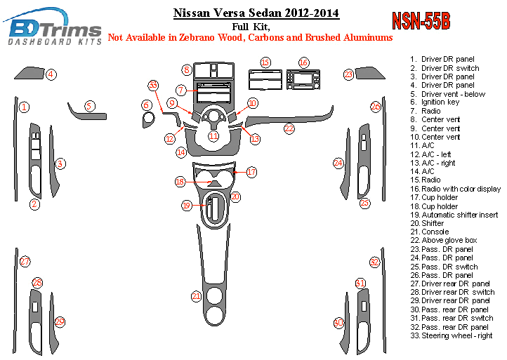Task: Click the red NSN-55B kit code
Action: coord(421,22)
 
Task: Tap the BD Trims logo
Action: coord(53,27)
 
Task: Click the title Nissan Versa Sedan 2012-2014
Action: coord(256,13)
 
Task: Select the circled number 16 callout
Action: coord(303,62)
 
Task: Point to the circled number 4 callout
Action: coord(51,74)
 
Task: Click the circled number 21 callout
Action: coord(196,296)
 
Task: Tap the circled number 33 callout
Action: coord(153,86)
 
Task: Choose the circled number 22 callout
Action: coord(289,128)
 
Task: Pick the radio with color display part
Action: coord(303,79)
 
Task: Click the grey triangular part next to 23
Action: coord(369,74)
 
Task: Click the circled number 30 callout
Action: coord(338,323)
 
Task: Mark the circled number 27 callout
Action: coord(25,261)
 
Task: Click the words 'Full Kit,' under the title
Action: coord(251,27)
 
